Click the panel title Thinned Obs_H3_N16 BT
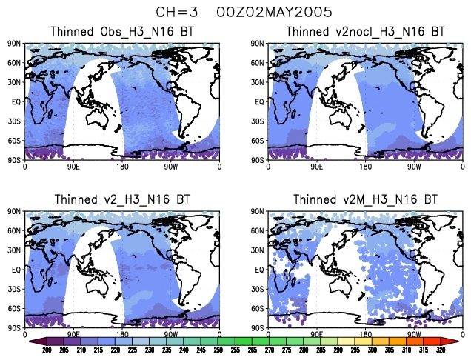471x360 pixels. coord(122,32)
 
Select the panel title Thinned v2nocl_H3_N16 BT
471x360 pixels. coord(366,32)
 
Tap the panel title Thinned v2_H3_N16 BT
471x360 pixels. coord(122,200)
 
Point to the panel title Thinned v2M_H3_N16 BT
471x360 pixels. coord(366,200)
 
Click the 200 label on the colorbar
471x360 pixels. coord(47,350)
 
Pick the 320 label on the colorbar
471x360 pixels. coord(441,350)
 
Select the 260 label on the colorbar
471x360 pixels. coord(244,350)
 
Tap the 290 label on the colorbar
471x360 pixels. coord(342,350)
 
